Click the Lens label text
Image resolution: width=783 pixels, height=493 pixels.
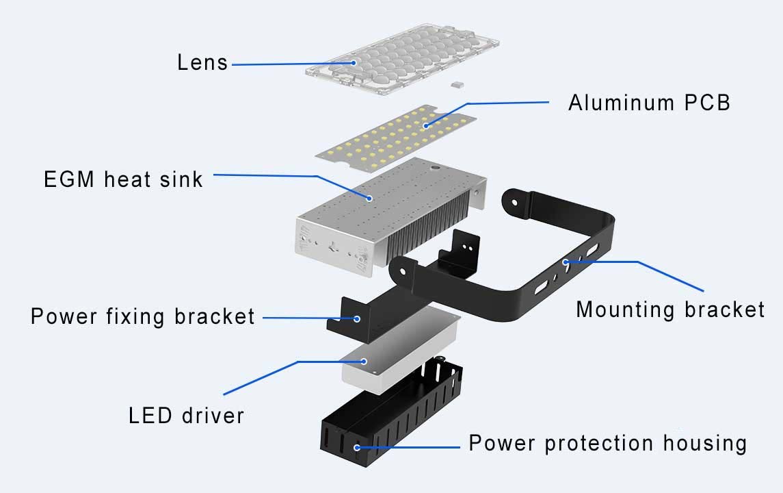(202, 62)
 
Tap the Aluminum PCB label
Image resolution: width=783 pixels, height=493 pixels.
(649, 103)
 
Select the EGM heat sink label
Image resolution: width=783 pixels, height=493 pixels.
(123, 179)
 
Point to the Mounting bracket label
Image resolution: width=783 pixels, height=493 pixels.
(670, 309)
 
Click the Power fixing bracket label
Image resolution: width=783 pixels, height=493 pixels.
(142, 317)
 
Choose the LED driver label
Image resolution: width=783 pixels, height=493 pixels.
(186, 415)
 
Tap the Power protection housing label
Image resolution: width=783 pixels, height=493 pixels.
(607, 443)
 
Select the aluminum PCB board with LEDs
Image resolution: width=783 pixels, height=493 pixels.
(397, 140)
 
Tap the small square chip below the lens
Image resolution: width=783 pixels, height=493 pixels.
(455, 84)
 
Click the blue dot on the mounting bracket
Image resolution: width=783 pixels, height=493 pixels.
(566, 261)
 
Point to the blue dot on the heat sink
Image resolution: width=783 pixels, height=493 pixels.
(370, 198)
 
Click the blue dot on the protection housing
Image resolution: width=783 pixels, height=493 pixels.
(356, 447)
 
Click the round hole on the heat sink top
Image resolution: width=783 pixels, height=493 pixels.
(434, 165)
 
